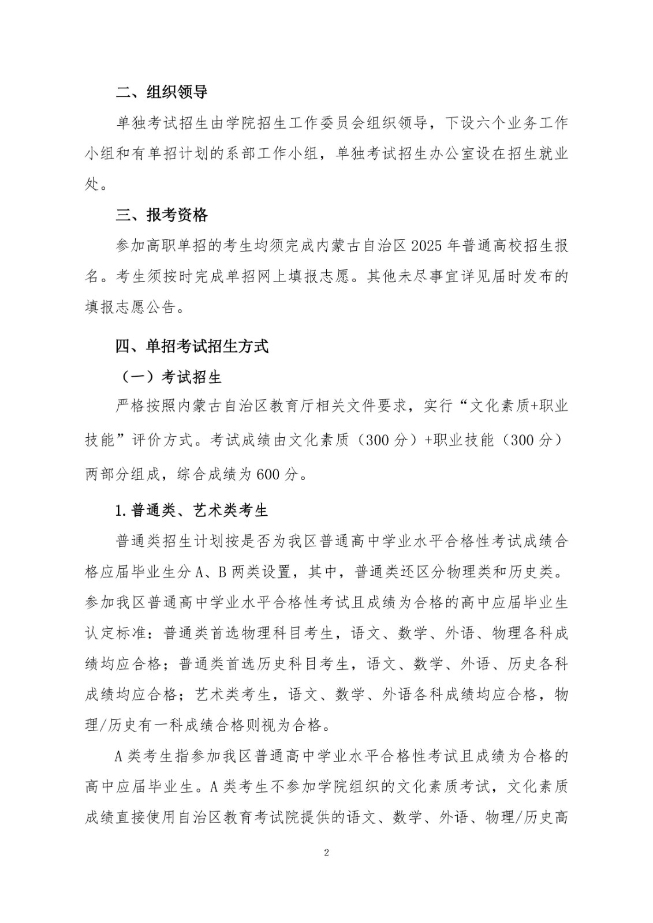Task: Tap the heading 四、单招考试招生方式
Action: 192,346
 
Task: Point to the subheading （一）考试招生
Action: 171,377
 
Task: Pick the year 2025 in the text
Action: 428,246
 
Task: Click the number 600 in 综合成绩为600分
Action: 267,474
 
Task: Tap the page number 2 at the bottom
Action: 327,852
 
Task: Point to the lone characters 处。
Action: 96,185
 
